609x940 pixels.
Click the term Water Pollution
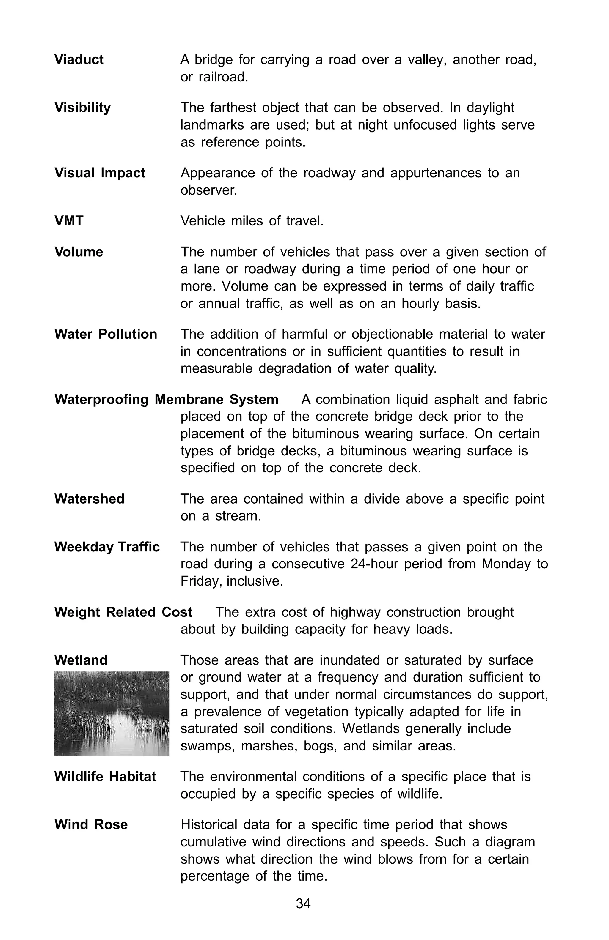[x=106, y=334]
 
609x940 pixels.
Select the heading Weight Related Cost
[x=123, y=612]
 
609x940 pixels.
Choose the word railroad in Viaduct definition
[x=223, y=77]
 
